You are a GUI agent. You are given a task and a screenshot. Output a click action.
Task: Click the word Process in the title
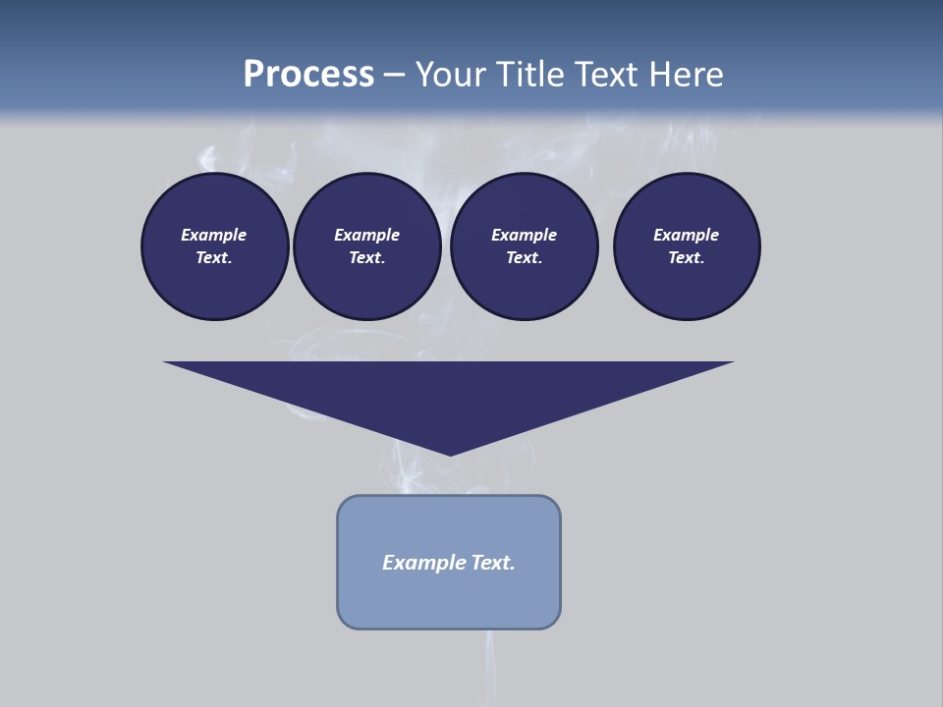click(x=308, y=74)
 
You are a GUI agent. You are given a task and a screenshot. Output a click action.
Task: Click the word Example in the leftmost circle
click(x=213, y=235)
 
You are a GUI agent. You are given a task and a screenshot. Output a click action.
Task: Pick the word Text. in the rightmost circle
click(x=687, y=257)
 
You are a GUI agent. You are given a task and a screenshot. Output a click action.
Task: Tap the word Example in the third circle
click(x=524, y=235)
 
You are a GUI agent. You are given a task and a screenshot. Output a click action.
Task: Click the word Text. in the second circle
click(x=366, y=257)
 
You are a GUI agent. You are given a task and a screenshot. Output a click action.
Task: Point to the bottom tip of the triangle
click(x=450, y=453)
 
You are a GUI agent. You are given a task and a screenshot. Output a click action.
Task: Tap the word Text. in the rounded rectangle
click(x=494, y=563)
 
